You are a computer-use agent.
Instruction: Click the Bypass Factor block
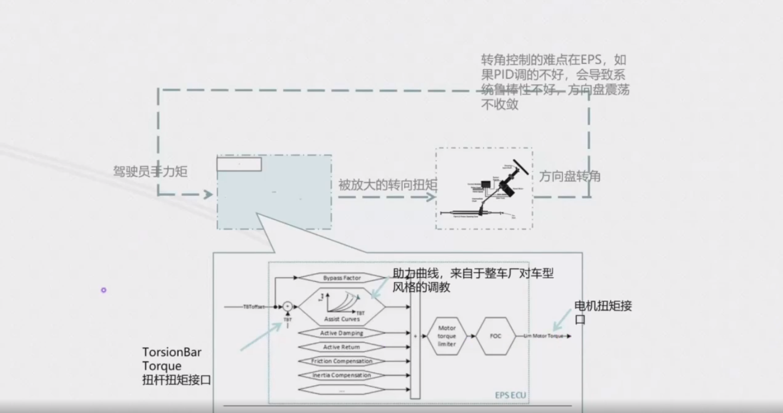click(x=341, y=278)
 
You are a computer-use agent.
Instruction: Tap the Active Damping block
click(x=341, y=333)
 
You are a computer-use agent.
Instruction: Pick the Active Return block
click(x=341, y=347)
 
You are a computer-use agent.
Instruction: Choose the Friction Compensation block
click(x=341, y=361)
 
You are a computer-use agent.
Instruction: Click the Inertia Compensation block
click(x=341, y=375)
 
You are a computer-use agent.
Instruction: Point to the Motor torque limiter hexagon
click(x=446, y=336)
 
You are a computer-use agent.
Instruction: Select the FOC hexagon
click(x=495, y=336)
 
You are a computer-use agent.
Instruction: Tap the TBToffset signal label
click(x=254, y=307)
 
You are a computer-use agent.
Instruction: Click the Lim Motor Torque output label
click(x=543, y=336)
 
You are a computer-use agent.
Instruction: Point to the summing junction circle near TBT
click(x=288, y=307)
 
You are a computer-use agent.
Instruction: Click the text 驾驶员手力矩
click(x=150, y=172)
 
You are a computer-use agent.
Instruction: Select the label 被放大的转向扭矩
click(x=387, y=185)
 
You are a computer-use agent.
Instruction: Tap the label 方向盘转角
click(x=570, y=176)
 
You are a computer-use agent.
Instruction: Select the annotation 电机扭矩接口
click(x=603, y=312)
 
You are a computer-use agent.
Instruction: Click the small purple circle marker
click(x=103, y=290)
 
